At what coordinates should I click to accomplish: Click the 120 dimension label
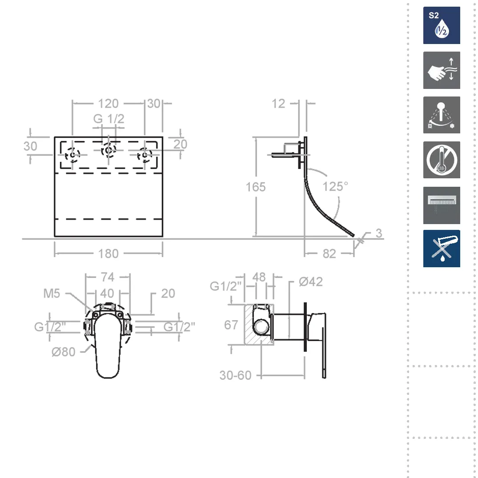pos(108,104)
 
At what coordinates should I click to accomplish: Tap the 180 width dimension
pos(108,253)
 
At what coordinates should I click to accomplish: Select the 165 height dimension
pos(256,187)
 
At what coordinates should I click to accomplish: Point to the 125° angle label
pos(335,186)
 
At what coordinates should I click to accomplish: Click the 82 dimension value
pos(329,253)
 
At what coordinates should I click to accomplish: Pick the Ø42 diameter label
pos(311,281)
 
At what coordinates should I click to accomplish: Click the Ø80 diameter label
pos(64,352)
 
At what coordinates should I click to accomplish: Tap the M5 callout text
pos(52,293)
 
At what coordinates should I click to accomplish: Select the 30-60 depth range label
pos(235,375)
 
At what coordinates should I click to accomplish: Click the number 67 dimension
pos(231,325)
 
